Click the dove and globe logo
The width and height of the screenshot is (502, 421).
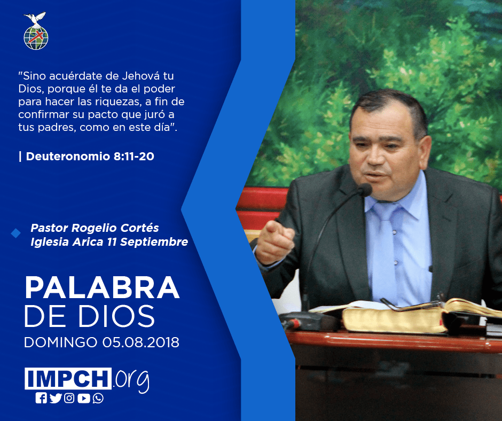coord(36,31)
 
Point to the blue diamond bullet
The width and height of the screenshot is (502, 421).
coord(15,233)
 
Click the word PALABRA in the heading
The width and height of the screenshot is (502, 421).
coord(102,288)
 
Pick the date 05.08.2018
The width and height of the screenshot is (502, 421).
coord(141,342)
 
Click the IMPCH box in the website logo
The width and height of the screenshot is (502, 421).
coord(68,378)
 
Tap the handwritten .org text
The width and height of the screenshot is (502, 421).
coord(131,380)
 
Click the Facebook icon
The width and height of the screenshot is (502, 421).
coord(41,398)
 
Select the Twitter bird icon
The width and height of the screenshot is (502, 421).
coord(56,398)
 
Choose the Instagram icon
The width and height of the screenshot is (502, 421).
coord(69,398)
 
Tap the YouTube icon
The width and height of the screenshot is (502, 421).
coord(83,398)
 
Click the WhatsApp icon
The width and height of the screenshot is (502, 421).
coord(98,398)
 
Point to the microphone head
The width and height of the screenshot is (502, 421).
coord(365,189)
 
